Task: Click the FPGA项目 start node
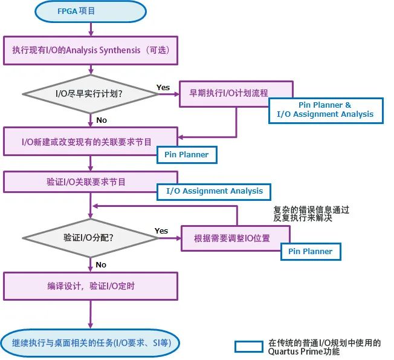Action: click(91, 11)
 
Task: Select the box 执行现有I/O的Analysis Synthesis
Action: click(91, 51)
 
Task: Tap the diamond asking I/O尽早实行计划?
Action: click(91, 94)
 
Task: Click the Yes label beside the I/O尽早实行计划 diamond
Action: click(163, 87)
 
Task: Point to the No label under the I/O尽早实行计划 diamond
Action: click(102, 120)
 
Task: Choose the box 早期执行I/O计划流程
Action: click(236, 93)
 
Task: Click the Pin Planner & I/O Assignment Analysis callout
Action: click(325, 110)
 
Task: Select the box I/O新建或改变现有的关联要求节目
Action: click(91, 142)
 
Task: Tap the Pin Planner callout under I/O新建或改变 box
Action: click(186, 154)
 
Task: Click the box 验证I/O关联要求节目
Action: click(91, 182)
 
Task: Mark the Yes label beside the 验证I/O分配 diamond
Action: click(161, 231)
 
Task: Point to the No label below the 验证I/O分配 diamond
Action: click(101, 264)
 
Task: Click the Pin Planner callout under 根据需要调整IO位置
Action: click(310, 251)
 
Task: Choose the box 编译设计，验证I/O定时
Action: click(91, 286)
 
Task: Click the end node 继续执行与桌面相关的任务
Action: click(91, 343)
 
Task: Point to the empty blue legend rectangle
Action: click(248, 347)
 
